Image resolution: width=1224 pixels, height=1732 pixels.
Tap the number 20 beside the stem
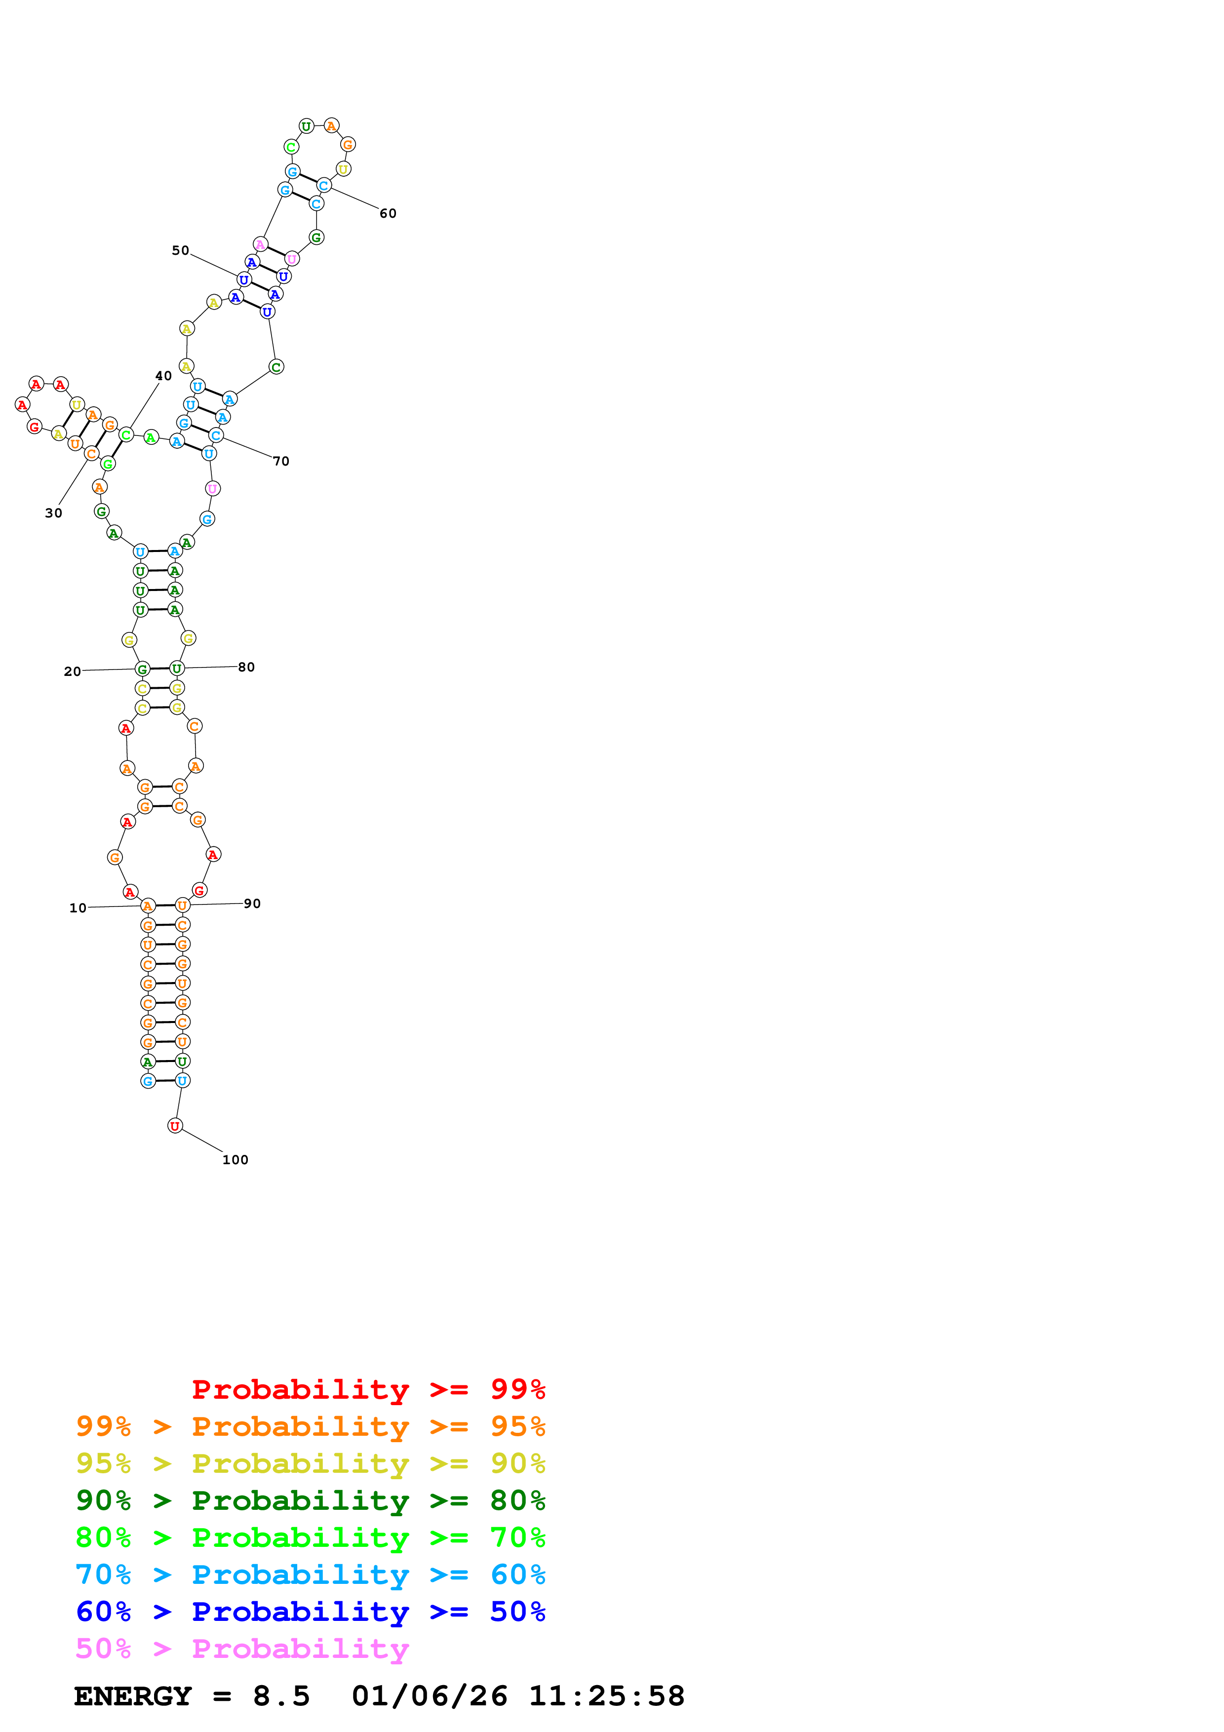pos(73,671)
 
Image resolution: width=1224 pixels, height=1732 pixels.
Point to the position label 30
pos(53,513)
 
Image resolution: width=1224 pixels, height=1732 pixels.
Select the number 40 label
pos(163,376)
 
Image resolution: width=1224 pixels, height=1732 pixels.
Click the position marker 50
pos(180,250)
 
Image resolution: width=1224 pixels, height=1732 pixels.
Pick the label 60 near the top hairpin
pos(388,213)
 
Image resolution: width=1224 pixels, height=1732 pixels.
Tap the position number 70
pos(281,461)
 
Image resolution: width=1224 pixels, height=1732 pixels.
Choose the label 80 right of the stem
pos(246,667)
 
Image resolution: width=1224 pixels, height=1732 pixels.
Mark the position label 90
pos(252,904)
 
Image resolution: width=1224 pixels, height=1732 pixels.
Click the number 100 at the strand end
pos(236,1159)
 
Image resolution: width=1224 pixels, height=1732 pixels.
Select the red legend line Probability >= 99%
pos(368,1389)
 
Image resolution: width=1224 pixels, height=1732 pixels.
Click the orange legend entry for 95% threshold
pos(310,1426)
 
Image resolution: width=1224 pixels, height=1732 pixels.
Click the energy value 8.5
pos(281,1696)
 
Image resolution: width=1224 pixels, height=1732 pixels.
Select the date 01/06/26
pos(429,1696)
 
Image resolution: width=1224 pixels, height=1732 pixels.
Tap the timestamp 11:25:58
pos(606,1696)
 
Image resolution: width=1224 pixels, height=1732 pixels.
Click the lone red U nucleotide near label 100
pos(175,1126)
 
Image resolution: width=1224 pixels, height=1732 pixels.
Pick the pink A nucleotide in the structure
pos(260,244)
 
